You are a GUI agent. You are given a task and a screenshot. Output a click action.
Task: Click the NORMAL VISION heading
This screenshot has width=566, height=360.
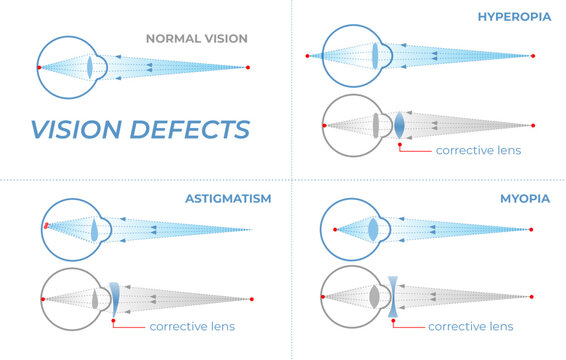(196, 38)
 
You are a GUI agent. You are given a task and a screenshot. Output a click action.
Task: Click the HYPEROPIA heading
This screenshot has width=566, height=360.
(513, 17)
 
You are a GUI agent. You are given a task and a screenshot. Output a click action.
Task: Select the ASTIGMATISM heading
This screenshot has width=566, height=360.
(228, 198)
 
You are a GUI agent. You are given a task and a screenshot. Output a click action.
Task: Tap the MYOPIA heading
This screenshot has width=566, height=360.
(525, 198)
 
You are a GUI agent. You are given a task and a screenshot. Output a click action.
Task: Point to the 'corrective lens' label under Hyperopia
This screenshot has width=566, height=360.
(478, 150)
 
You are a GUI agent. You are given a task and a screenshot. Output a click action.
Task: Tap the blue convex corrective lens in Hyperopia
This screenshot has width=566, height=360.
(399, 125)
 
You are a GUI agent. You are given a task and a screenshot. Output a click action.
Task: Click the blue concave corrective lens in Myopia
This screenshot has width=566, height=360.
(392, 297)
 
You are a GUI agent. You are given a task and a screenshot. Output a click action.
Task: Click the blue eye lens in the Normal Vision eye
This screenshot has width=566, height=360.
(90, 67)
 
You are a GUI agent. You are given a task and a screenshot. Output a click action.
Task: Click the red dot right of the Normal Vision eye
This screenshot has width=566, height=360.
(248, 67)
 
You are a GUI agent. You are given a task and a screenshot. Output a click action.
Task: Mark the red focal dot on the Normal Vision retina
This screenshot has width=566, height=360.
(39, 67)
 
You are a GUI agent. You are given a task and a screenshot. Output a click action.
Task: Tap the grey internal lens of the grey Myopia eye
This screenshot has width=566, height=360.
(374, 297)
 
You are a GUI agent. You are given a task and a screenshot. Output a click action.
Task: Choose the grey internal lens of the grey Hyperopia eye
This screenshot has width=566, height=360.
(376, 125)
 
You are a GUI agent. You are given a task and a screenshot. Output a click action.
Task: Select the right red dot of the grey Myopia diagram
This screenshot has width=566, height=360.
(533, 297)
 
